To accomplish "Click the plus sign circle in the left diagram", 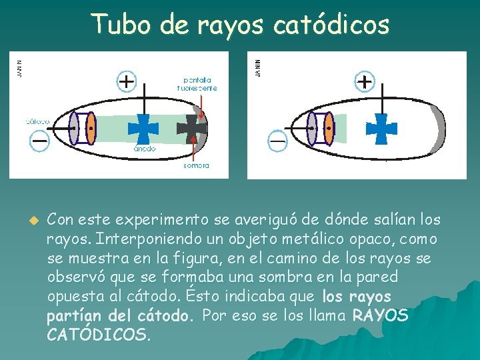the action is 126,82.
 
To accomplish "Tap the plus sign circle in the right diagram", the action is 364,82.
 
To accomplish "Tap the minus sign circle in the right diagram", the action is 277,141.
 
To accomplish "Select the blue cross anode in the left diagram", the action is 143,128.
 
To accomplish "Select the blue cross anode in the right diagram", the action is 381,129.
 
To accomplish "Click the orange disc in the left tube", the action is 91,128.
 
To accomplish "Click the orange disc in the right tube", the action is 328,129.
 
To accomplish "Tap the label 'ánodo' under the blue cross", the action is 144,149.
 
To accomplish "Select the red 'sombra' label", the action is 196,165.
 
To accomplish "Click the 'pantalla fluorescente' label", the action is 197,84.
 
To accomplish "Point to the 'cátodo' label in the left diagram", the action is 37,122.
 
